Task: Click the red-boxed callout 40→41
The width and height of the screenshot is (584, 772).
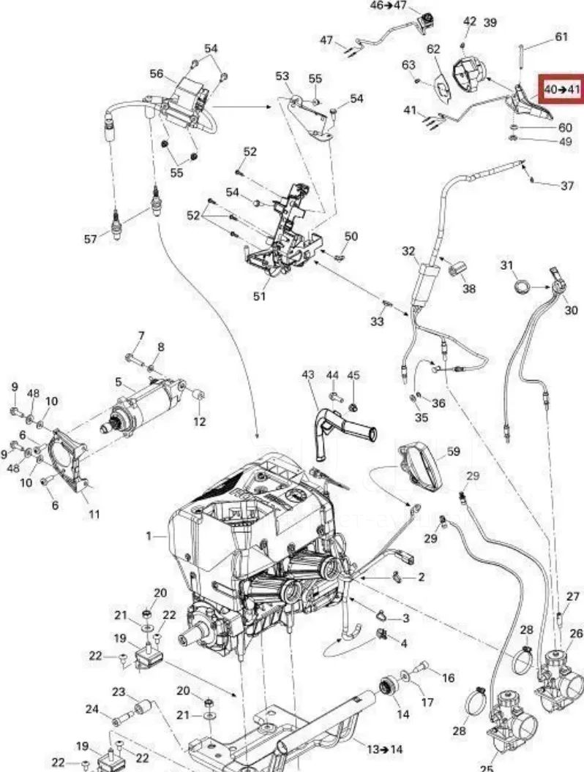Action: [x=561, y=89]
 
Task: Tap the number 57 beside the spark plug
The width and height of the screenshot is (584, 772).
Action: [x=90, y=239]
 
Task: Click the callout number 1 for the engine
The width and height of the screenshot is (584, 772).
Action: [x=149, y=536]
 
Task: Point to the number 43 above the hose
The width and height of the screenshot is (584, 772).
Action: [x=308, y=375]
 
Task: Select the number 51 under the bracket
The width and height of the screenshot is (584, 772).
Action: [x=259, y=296]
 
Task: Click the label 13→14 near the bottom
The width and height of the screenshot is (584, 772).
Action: [x=385, y=749]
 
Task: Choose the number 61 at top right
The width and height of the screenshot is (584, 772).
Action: [x=561, y=37]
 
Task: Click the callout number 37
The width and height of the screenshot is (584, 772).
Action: [x=567, y=186]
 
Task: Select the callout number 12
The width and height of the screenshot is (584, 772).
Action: [x=199, y=421]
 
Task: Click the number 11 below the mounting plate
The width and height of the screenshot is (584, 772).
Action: [x=94, y=515]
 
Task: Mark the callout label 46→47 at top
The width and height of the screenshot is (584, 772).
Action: [x=388, y=5]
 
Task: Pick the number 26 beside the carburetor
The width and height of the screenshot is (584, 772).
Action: [x=576, y=633]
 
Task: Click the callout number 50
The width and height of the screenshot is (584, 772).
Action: [x=351, y=236]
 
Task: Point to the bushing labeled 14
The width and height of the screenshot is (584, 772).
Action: [x=389, y=686]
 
